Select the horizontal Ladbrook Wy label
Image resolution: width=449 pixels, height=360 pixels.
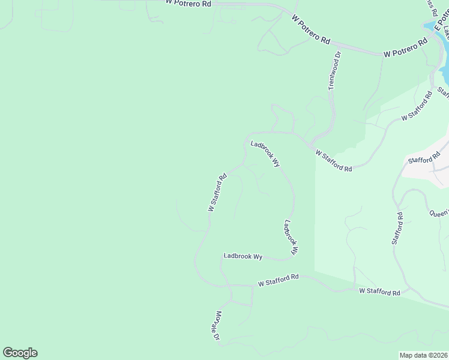coord(243,256)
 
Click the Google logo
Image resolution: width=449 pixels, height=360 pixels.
coord(20,353)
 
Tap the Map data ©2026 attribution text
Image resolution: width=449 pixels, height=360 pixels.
coord(423,355)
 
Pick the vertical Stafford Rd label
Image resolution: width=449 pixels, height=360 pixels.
coord(397,228)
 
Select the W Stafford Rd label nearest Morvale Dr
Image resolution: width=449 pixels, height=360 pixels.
coord(278,280)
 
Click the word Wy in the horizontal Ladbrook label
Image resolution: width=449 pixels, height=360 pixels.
coord(257,256)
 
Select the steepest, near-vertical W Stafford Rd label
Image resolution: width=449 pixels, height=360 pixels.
coord(217,192)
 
